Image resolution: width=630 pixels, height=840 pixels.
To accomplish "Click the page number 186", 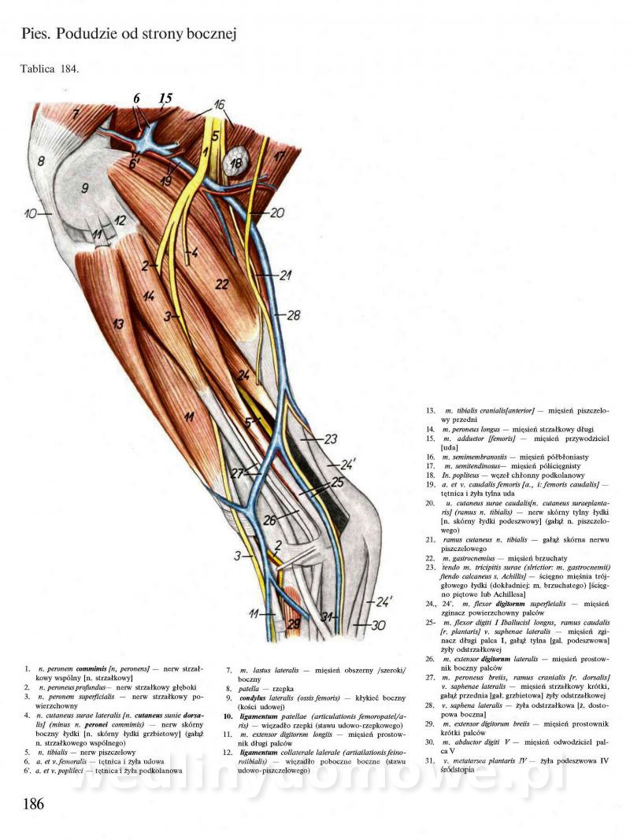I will tap(33, 804).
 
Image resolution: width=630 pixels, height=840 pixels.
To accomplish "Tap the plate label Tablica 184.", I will tap(50, 68).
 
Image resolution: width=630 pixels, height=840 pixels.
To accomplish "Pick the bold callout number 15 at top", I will tap(165, 98).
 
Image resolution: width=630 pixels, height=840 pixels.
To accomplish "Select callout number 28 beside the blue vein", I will tap(295, 315).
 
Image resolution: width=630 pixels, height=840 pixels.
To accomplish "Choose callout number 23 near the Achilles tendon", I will tap(330, 439).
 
